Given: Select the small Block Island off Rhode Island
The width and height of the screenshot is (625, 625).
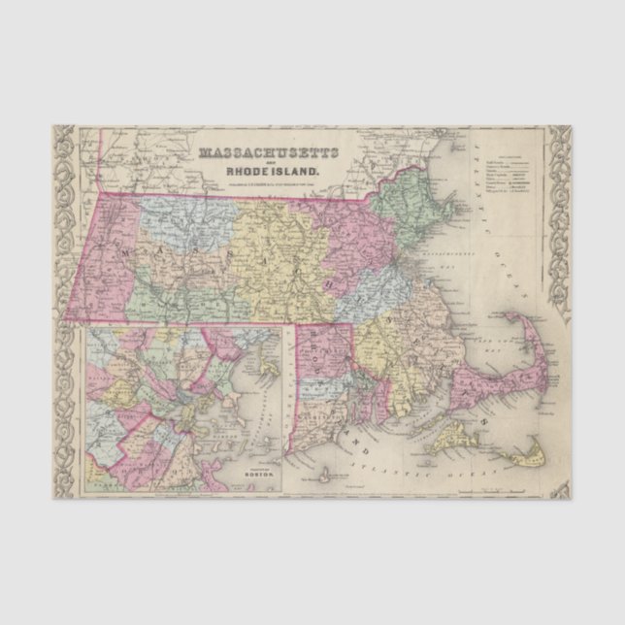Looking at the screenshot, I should (x=322, y=478).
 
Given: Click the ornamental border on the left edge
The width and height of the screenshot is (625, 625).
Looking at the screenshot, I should (x=65, y=311).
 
